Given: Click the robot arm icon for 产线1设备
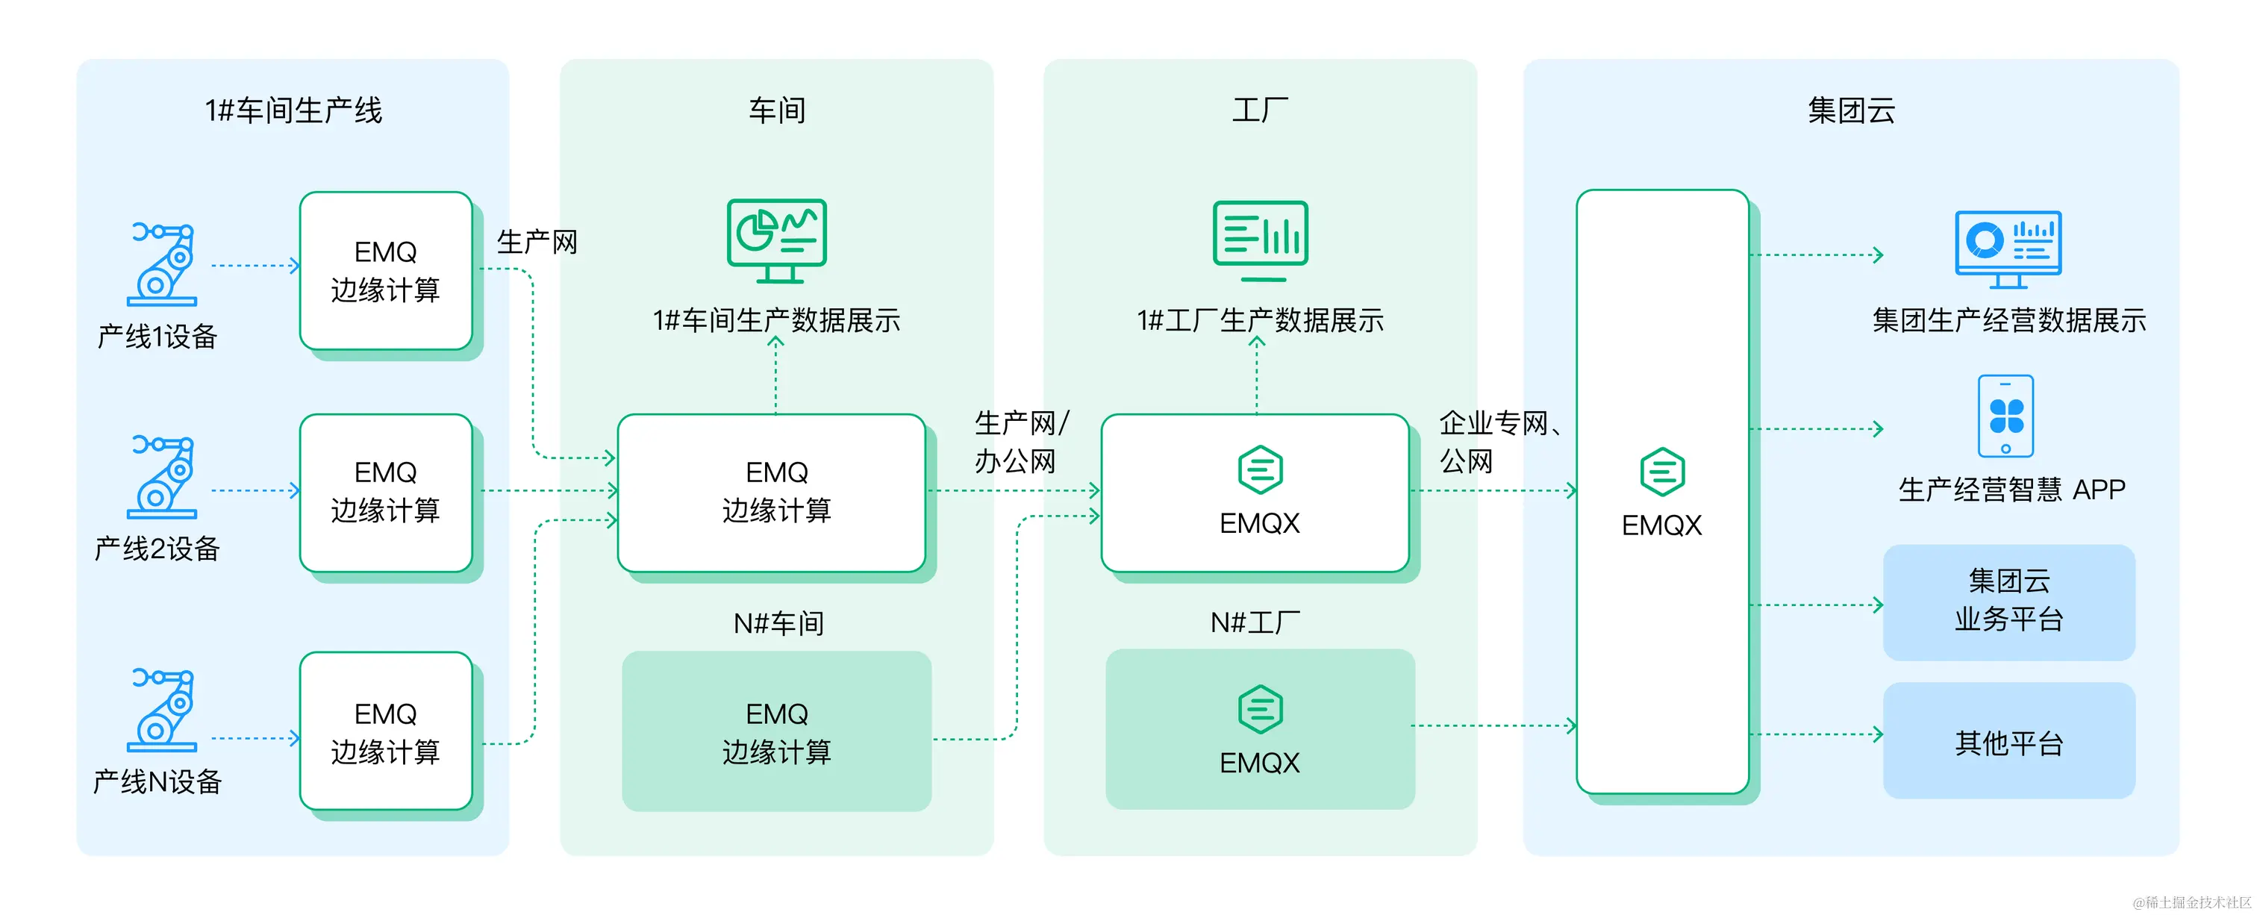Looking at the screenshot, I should coord(162,263).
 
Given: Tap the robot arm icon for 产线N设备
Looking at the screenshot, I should coord(162,709).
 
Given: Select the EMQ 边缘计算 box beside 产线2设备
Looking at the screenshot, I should coord(386,492).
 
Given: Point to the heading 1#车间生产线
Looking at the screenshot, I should coord(293,110).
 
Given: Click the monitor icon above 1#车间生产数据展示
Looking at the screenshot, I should coord(776,240).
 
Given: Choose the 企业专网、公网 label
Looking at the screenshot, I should coord(1496,442).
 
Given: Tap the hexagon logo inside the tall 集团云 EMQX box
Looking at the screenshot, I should coord(1662,472).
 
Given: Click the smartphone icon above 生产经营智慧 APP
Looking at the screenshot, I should coord(2005,416).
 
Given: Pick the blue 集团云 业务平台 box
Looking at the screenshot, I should coord(2008,602).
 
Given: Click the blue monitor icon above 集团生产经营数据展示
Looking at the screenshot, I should coord(2008,248).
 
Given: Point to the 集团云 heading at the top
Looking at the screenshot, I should coord(1850,110).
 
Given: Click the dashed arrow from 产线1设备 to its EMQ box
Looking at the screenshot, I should coord(254,265).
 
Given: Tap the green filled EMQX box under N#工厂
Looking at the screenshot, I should coord(1260,729).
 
